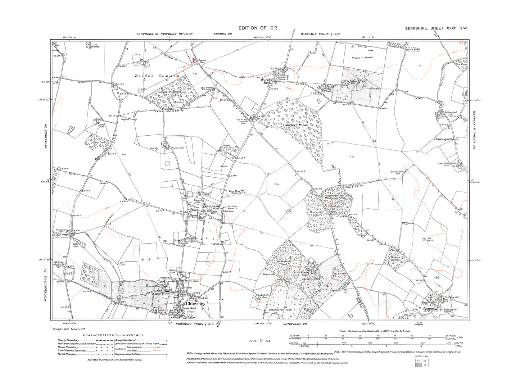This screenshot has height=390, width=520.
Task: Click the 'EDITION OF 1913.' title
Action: click(x=258, y=28)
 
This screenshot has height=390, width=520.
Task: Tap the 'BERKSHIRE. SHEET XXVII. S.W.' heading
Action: click(x=436, y=28)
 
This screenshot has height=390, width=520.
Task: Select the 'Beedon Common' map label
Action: click(x=157, y=76)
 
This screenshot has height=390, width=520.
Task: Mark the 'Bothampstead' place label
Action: click(x=445, y=139)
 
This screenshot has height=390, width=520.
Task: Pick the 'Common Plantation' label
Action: click(x=169, y=92)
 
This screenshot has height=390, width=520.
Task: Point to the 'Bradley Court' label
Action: click(x=306, y=275)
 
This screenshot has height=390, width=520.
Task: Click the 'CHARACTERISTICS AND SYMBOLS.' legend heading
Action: click(x=113, y=335)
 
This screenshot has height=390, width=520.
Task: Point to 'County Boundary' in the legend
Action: click(x=69, y=340)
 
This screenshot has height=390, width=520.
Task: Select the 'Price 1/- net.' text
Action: click(x=260, y=341)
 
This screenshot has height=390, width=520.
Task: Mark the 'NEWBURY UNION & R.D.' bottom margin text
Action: click(x=195, y=324)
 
